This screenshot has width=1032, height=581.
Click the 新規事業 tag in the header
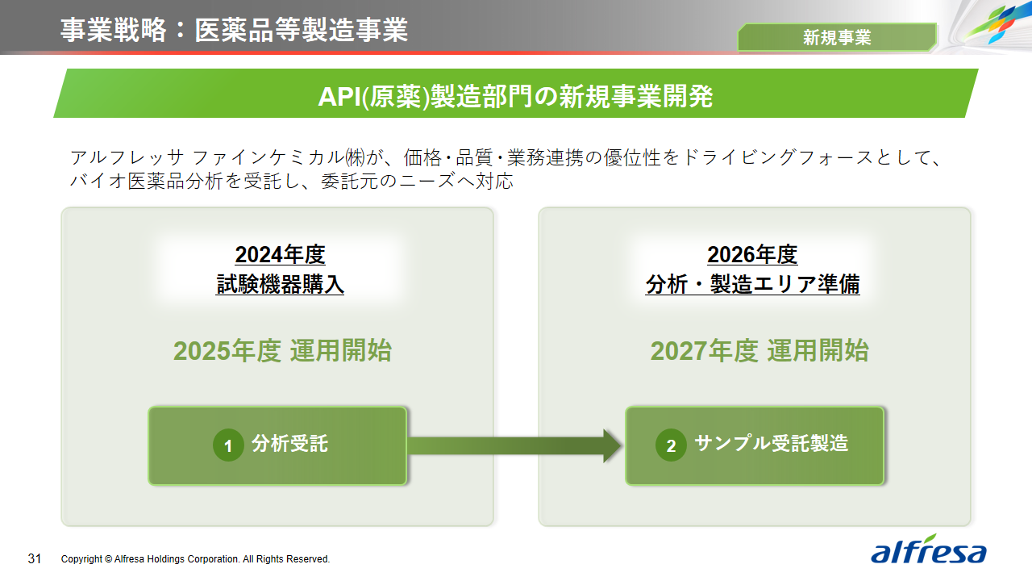(x=837, y=37)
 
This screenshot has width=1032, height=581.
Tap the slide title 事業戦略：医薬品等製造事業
(x=234, y=30)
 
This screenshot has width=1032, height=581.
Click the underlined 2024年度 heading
(x=280, y=255)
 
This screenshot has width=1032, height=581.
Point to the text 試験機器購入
(x=280, y=285)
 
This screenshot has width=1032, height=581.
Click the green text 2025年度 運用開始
(x=282, y=351)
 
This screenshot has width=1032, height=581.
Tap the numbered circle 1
(x=228, y=445)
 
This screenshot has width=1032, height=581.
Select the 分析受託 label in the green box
(x=289, y=444)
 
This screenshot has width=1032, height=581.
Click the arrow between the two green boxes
(x=516, y=445)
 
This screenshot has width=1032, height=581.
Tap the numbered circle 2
(x=671, y=445)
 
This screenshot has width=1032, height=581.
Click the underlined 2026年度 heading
(x=752, y=255)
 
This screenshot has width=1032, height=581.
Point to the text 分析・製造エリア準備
(x=752, y=285)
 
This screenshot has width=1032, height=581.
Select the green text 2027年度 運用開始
(x=759, y=351)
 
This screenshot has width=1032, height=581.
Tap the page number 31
(x=35, y=558)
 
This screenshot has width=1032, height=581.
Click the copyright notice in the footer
(x=195, y=559)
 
